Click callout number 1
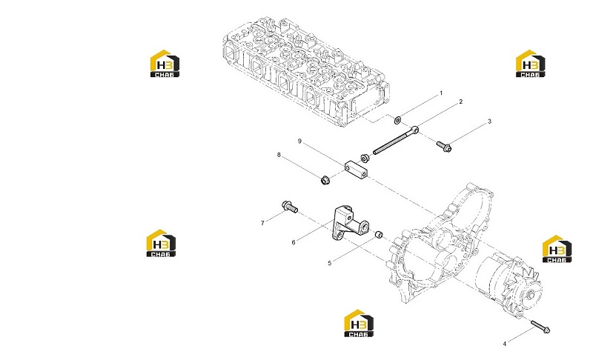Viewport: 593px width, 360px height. (x=440, y=93)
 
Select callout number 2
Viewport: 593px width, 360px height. (x=460, y=101)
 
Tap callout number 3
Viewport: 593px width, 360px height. (x=489, y=121)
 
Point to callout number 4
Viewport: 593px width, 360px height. (x=505, y=344)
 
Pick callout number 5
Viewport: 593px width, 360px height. (x=329, y=263)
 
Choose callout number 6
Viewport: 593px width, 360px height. (x=294, y=242)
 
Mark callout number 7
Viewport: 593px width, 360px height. (x=262, y=223)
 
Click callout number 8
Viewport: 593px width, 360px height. (x=279, y=155)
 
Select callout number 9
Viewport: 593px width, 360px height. (x=299, y=141)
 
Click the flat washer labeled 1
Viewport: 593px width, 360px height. (x=398, y=121)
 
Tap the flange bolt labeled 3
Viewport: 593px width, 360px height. (x=444, y=147)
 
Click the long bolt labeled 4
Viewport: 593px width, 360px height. (x=540, y=327)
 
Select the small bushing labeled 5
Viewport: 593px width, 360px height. (x=379, y=235)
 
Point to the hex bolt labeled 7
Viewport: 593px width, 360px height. (x=290, y=207)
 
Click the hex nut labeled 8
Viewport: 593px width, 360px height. (x=325, y=180)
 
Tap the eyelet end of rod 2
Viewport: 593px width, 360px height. (x=415, y=130)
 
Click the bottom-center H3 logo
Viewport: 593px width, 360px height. (x=359, y=323)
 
